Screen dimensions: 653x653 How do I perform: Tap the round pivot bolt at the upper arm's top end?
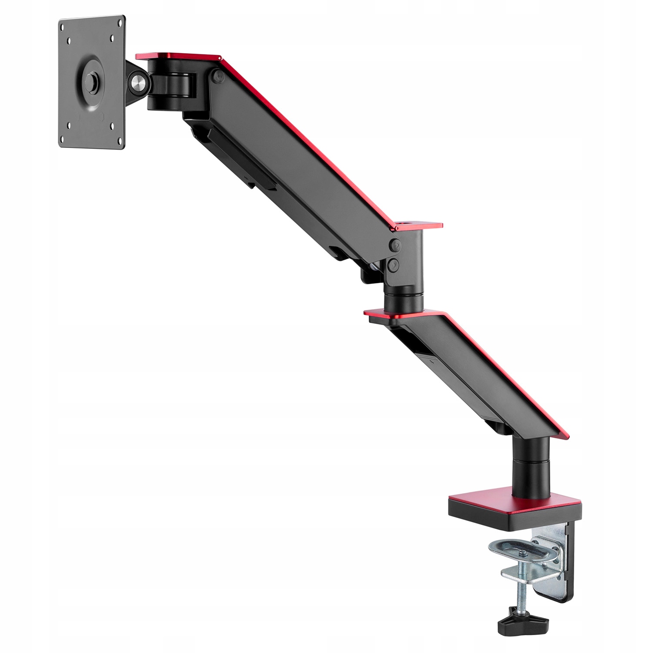[216, 76]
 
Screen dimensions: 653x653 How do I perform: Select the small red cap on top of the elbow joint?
[418, 226]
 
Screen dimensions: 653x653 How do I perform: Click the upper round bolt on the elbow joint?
[395, 245]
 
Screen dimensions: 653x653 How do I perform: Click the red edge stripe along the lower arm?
[505, 374]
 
